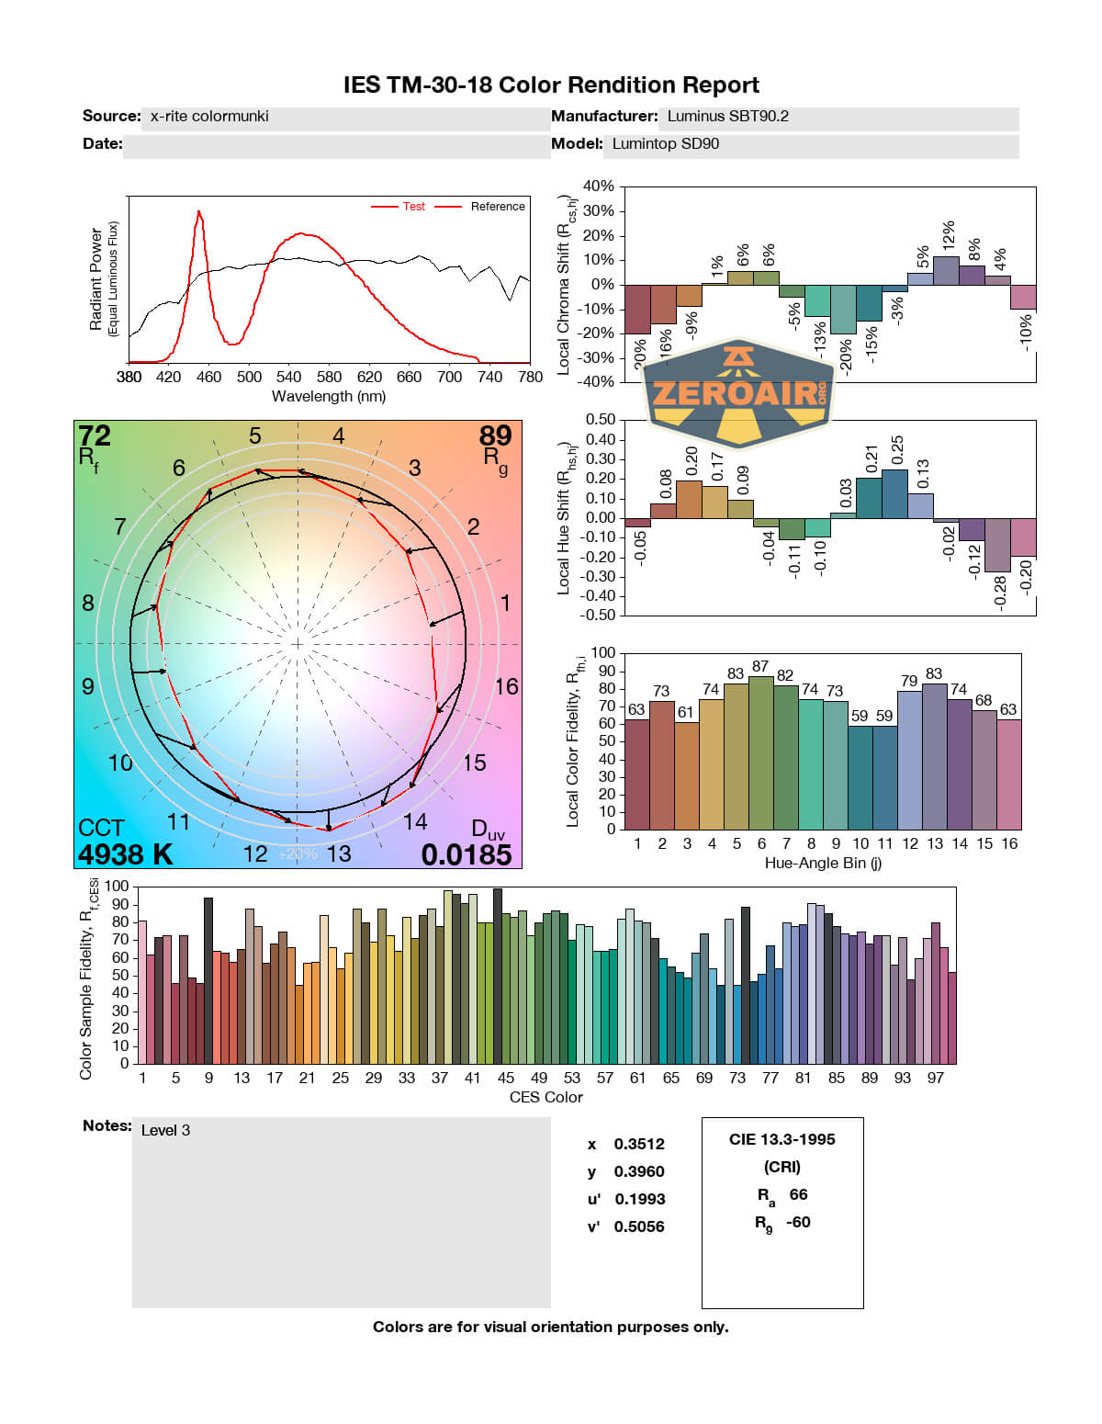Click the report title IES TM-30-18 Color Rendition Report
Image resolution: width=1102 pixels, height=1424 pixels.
click(551, 85)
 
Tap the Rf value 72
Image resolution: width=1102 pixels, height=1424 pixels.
click(95, 435)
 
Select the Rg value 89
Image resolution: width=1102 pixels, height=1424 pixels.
click(495, 435)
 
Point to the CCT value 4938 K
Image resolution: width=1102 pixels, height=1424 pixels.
click(125, 854)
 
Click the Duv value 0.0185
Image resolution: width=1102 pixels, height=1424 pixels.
click(466, 854)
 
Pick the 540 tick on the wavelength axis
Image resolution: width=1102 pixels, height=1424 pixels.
click(289, 377)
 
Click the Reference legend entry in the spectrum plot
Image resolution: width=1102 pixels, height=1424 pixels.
click(498, 207)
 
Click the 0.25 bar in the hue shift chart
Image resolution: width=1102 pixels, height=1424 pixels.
click(894, 493)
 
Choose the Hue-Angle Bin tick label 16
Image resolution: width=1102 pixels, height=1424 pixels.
click(1009, 843)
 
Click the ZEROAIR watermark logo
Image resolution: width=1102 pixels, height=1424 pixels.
click(739, 393)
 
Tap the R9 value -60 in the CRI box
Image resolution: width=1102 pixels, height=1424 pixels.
click(798, 1222)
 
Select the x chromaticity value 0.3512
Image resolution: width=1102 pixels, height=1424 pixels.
click(639, 1144)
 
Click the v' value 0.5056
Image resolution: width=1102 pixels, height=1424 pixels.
click(639, 1226)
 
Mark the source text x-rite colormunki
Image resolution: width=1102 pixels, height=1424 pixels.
click(209, 117)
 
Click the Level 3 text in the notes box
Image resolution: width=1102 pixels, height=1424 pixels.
click(165, 1130)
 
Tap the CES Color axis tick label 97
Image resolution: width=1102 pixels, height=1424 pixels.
click(935, 1078)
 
